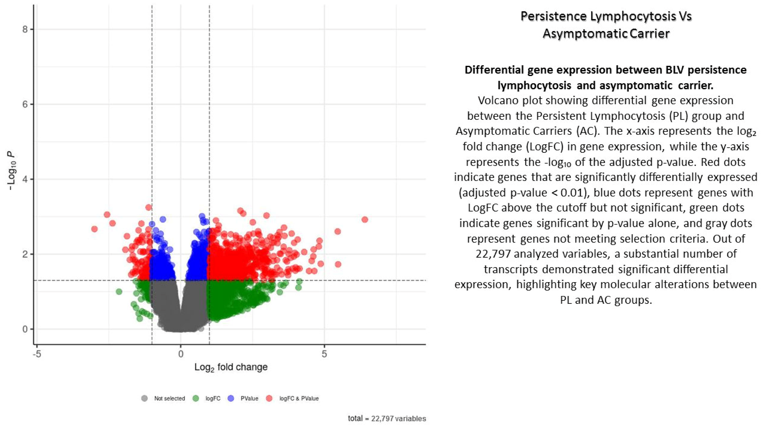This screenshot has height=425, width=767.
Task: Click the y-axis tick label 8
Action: pyautogui.click(x=25, y=29)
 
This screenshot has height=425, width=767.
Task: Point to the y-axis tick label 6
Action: pyautogui.click(x=25, y=104)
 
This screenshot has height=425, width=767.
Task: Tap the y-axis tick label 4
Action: pyautogui.click(x=25, y=179)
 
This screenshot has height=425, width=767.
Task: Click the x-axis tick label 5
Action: pyautogui.click(x=324, y=354)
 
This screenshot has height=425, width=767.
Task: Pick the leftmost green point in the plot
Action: pyautogui.click(x=119, y=292)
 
